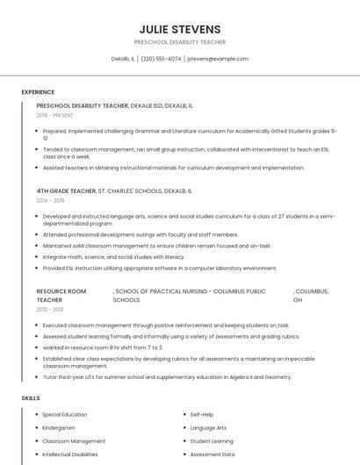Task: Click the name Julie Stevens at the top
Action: click(179, 29)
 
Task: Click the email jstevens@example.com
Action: click(218, 59)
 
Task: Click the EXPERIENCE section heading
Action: click(38, 91)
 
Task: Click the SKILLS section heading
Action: click(31, 398)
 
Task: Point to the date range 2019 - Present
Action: click(55, 115)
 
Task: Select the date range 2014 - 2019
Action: click(51, 200)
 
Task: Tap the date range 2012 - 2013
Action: click(50, 310)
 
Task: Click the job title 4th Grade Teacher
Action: click(66, 190)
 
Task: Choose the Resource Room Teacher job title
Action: click(61, 295)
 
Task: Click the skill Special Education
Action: click(64, 414)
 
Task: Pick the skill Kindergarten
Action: click(59, 427)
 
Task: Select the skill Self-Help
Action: click(202, 414)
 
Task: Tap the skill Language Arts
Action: click(208, 427)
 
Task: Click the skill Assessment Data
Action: click(212, 454)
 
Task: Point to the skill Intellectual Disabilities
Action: click(70, 454)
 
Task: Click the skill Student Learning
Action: click(212, 441)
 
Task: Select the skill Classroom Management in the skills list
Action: click(74, 441)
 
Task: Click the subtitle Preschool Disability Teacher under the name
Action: click(179, 42)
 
